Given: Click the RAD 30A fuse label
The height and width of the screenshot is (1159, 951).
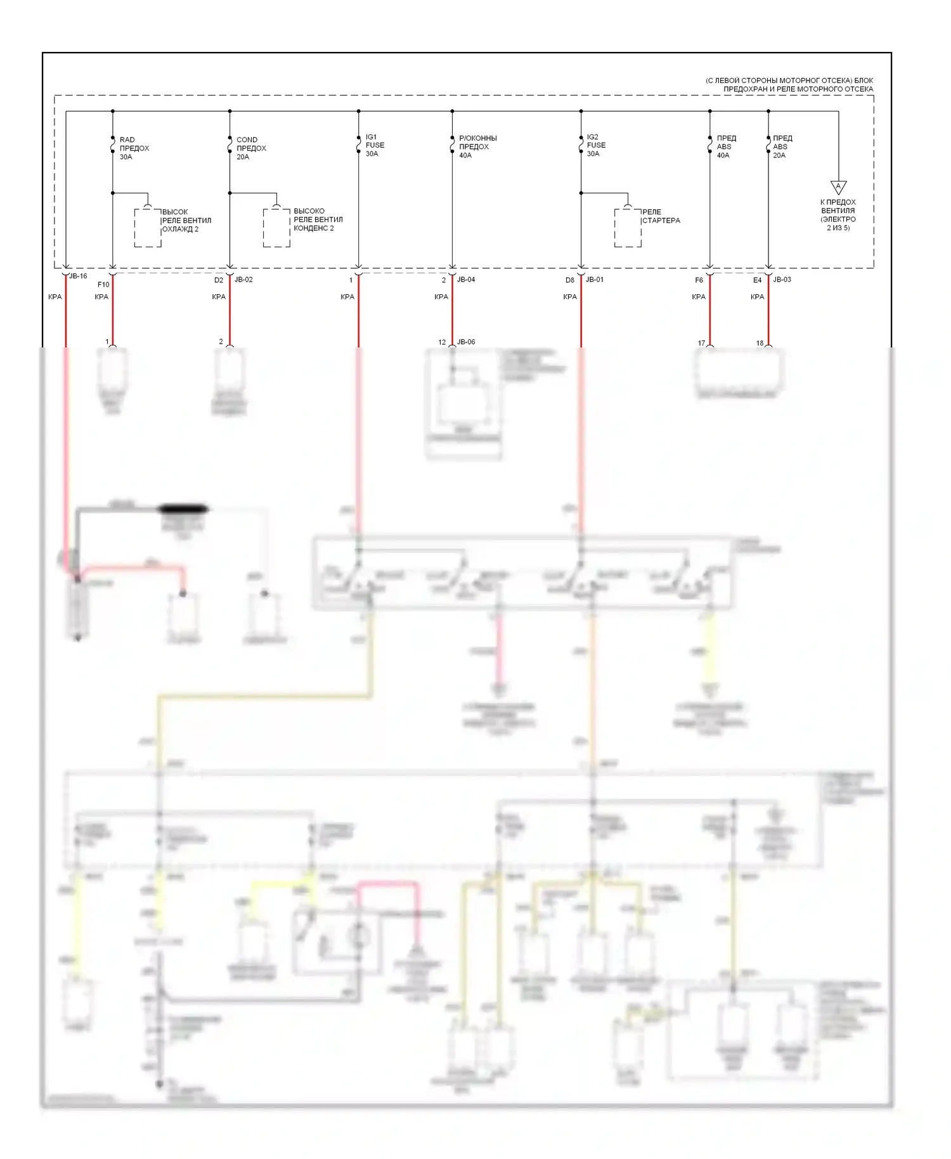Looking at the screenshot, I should coord(134,148).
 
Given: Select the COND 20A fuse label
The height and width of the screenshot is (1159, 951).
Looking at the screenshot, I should coord(250,148).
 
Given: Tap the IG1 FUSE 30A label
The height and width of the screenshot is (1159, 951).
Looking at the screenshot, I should coord(375,145).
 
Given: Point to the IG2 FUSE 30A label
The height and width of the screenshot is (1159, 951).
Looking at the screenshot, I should coord(596,145).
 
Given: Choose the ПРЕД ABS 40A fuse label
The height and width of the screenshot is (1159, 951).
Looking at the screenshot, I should coord(726,146).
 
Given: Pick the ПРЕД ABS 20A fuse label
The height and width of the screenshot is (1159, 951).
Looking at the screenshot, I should coord(782,146).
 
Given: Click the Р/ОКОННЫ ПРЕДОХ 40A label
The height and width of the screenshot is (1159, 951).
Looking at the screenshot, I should coord(477,146).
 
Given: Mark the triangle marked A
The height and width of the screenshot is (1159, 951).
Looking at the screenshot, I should coord(838,187).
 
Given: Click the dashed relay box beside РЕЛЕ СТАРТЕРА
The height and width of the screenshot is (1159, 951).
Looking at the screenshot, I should coord(628,228).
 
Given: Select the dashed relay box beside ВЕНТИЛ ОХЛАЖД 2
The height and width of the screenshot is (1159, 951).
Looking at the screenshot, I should coord(147,228).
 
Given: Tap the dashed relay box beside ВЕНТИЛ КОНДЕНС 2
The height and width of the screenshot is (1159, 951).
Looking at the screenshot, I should coord(276,228).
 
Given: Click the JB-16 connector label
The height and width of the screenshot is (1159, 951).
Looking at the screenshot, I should coord(78,276).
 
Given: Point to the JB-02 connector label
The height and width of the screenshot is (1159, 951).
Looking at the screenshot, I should coord(243,280).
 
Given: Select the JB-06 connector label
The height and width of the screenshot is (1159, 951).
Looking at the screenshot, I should coord(466,342).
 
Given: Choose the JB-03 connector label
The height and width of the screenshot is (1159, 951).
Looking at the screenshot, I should coord(782,280).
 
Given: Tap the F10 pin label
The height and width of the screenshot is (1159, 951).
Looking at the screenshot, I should coord(103,285).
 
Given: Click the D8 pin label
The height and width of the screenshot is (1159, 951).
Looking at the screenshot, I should coord(570,280).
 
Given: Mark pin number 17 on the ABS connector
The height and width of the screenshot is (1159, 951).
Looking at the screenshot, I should coord(701,343).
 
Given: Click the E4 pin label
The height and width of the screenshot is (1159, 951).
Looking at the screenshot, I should coord(757,280).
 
